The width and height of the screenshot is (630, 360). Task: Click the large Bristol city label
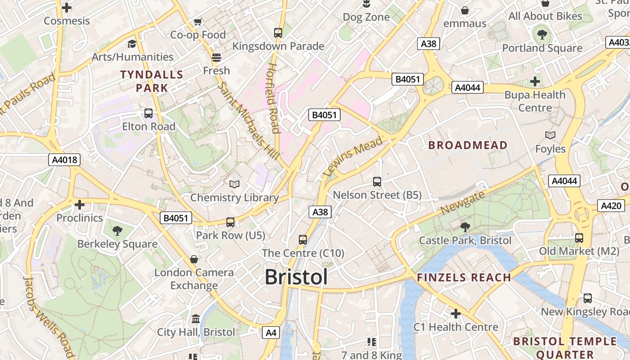(296, 277)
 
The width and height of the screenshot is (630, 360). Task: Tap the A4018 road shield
(64, 160)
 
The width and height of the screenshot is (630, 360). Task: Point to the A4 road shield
(271, 333)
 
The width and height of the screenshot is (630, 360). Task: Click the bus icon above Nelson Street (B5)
(377, 182)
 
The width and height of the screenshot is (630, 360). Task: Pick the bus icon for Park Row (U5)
(230, 222)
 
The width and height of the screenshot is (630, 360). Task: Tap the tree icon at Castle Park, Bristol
(465, 227)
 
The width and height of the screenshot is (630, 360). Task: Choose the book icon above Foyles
(550, 135)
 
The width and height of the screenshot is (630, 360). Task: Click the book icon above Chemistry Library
(234, 184)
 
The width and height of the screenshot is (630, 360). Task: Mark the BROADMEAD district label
(468, 145)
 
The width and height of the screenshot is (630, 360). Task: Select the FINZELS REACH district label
(464, 278)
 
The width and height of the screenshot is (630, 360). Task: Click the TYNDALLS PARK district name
(152, 81)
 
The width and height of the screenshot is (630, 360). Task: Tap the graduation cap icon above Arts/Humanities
(132, 44)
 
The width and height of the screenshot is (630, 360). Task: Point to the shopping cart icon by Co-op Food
(198, 22)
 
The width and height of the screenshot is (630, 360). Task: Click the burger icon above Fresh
(216, 57)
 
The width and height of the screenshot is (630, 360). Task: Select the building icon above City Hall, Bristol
(196, 319)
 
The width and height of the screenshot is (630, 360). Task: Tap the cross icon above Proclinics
(80, 205)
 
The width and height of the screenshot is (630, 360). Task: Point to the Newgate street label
(463, 202)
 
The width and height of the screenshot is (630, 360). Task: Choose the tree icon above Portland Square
(542, 34)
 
